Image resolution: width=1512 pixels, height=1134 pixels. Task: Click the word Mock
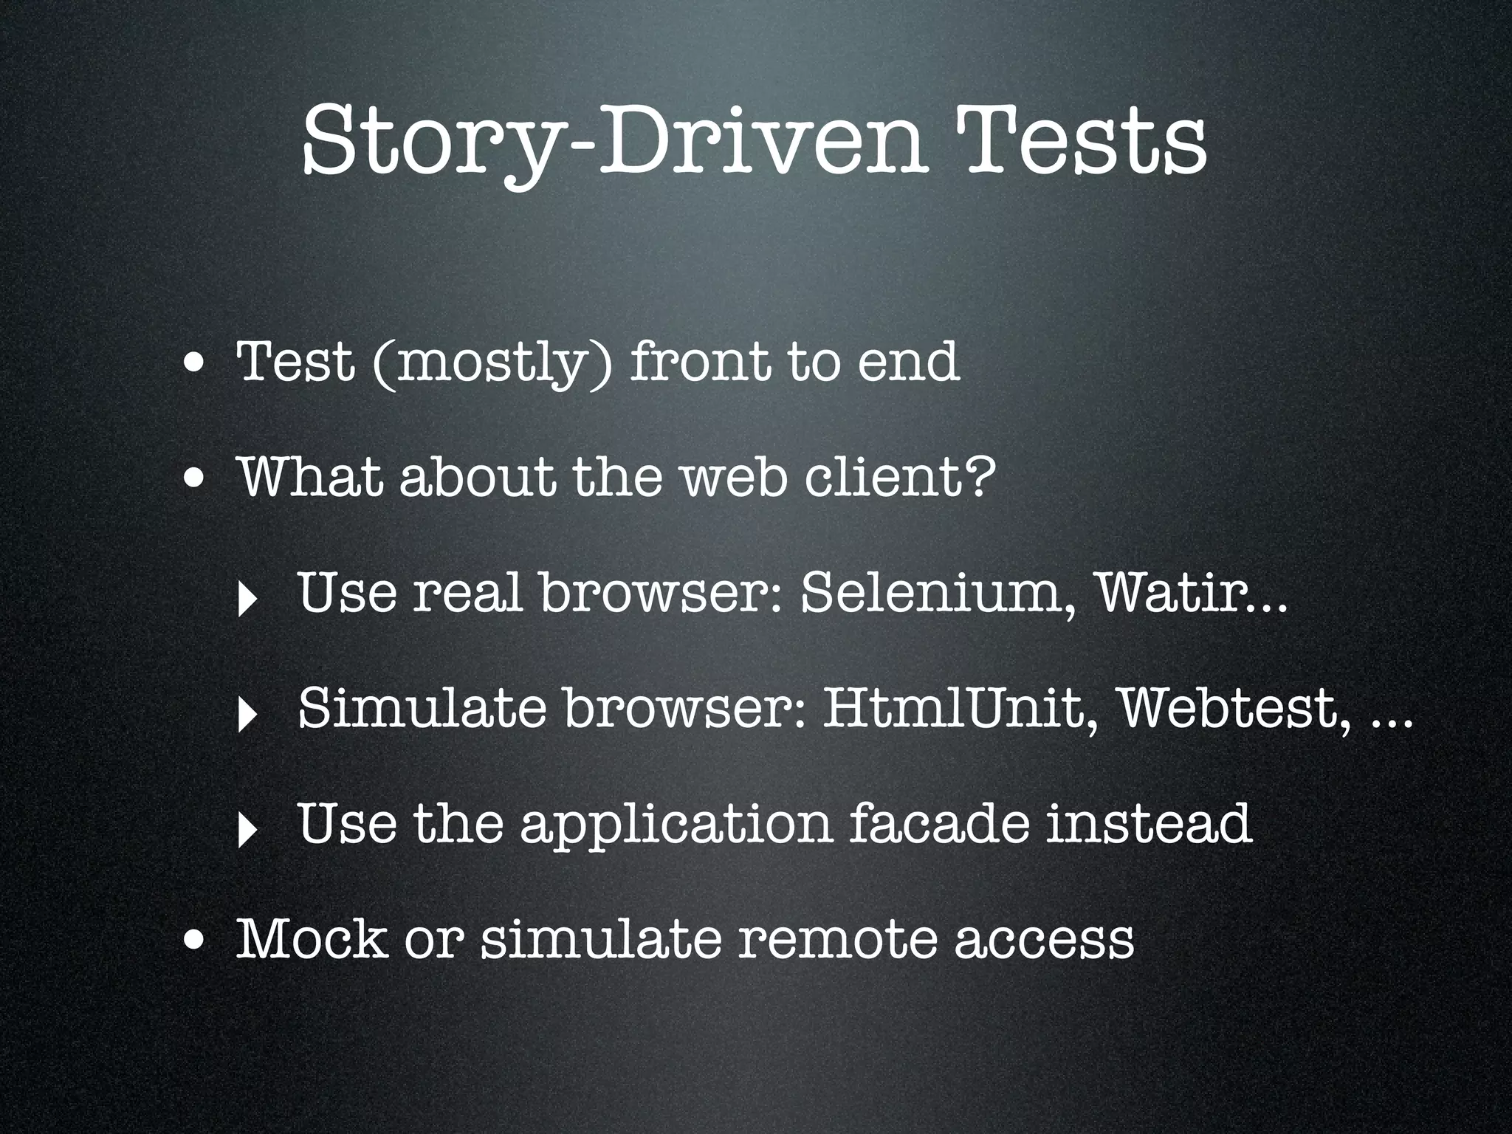click(311, 938)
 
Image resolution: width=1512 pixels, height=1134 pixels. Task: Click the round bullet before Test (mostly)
click(195, 365)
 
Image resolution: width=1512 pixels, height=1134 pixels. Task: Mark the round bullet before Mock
click(195, 941)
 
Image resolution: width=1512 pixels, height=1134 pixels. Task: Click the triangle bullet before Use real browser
click(245, 600)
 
